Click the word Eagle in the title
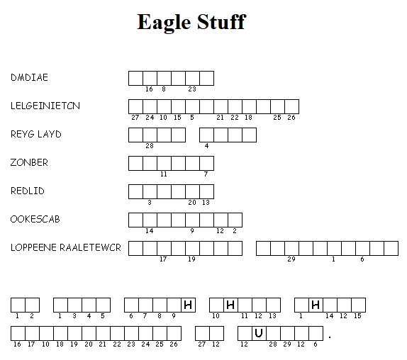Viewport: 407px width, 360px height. click(x=164, y=23)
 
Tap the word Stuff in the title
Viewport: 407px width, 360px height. click(x=221, y=22)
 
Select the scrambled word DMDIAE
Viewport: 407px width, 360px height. click(x=29, y=77)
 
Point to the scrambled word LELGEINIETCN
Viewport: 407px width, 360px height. click(x=45, y=106)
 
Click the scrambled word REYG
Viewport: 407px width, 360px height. click(x=22, y=134)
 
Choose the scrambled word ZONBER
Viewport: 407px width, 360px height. click(x=29, y=162)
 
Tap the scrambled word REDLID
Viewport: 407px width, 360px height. click(x=28, y=191)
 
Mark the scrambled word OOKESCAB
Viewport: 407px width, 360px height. click(x=35, y=219)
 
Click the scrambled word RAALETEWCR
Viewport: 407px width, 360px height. click(x=90, y=247)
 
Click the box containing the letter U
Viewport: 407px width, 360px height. click(x=259, y=333)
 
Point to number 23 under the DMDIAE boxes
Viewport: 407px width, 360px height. click(x=192, y=89)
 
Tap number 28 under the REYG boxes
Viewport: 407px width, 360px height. click(x=150, y=146)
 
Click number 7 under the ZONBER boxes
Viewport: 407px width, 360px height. click(x=206, y=174)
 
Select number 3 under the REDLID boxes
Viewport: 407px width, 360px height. click(x=150, y=202)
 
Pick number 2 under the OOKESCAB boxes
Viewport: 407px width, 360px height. click(x=235, y=231)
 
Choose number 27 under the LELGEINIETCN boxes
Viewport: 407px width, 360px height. click(x=135, y=118)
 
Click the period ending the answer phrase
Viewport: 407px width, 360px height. click(x=330, y=337)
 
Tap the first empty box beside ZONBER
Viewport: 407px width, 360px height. click(x=135, y=164)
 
